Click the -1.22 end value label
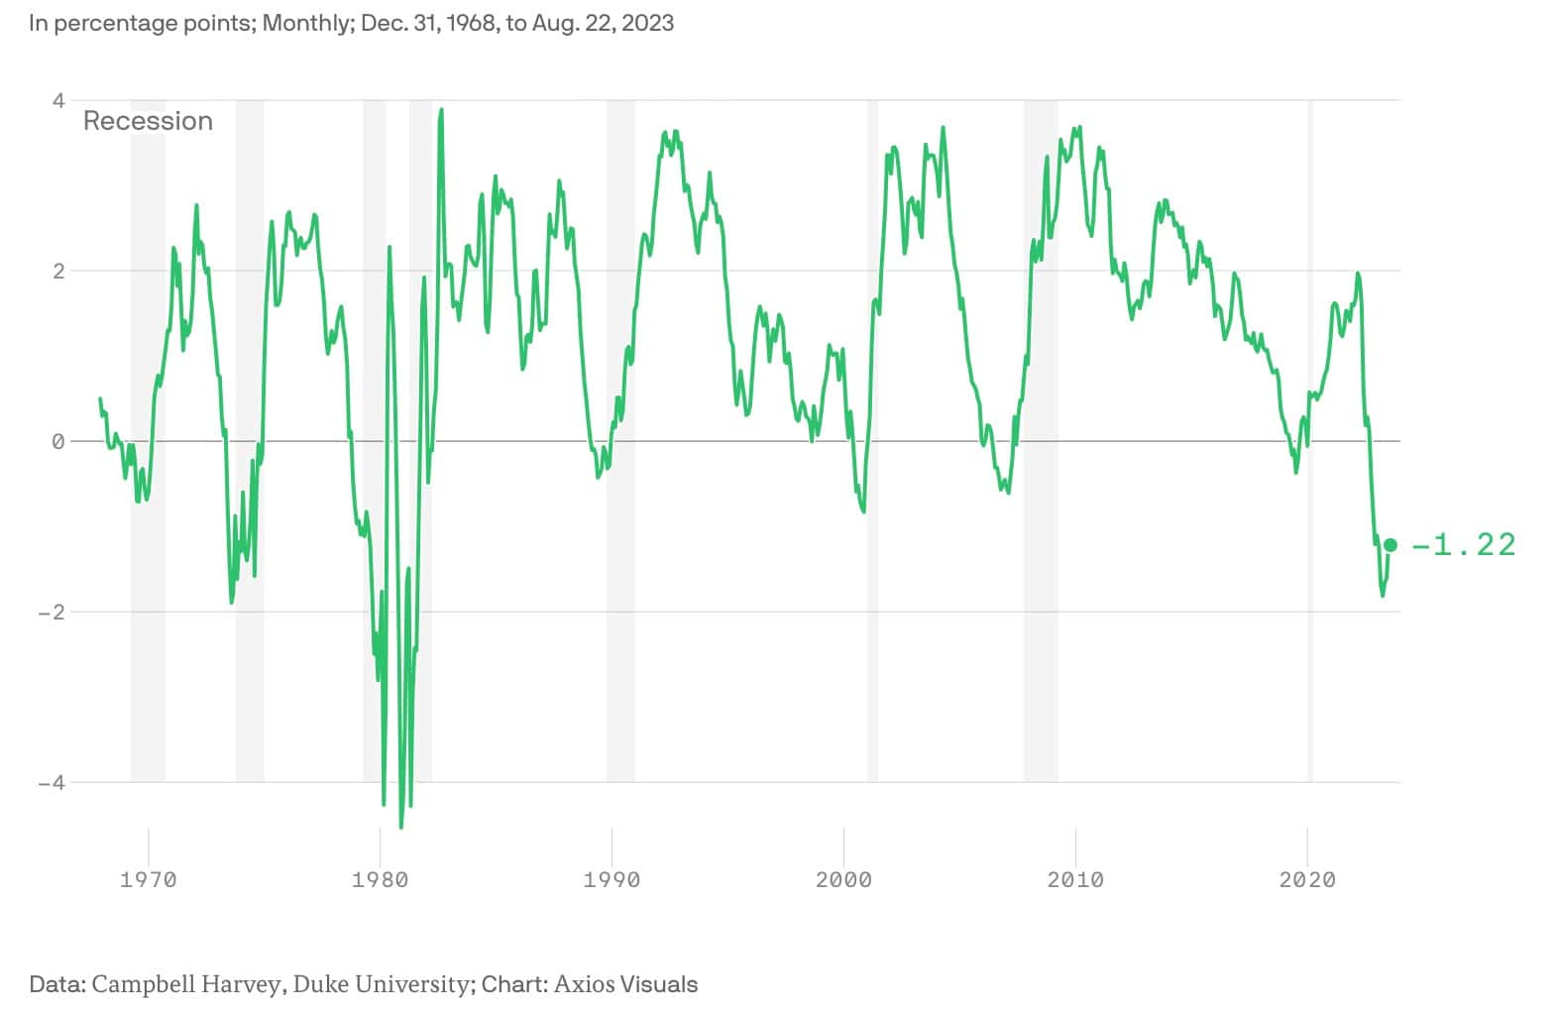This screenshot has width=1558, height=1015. (x=1464, y=545)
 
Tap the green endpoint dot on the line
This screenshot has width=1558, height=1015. (x=1391, y=545)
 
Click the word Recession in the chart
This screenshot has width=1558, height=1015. (x=148, y=121)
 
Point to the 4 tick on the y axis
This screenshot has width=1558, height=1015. (x=58, y=100)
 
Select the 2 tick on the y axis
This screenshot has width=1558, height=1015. (x=58, y=271)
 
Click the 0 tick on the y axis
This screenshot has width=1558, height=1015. (x=58, y=441)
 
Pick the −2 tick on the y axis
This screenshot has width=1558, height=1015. (x=52, y=612)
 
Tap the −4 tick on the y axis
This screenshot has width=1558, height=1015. (x=52, y=782)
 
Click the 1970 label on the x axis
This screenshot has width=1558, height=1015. (x=148, y=879)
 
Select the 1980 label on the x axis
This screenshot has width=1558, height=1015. (x=380, y=879)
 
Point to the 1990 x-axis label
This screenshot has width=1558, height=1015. (x=612, y=879)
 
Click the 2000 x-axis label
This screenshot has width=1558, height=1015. (x=843, y=879)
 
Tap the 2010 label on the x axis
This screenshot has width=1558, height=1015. (x=1075, y=879)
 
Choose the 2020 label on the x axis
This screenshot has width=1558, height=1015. (x=1307, y=879)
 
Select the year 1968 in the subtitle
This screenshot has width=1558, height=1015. (x=467, y=23)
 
